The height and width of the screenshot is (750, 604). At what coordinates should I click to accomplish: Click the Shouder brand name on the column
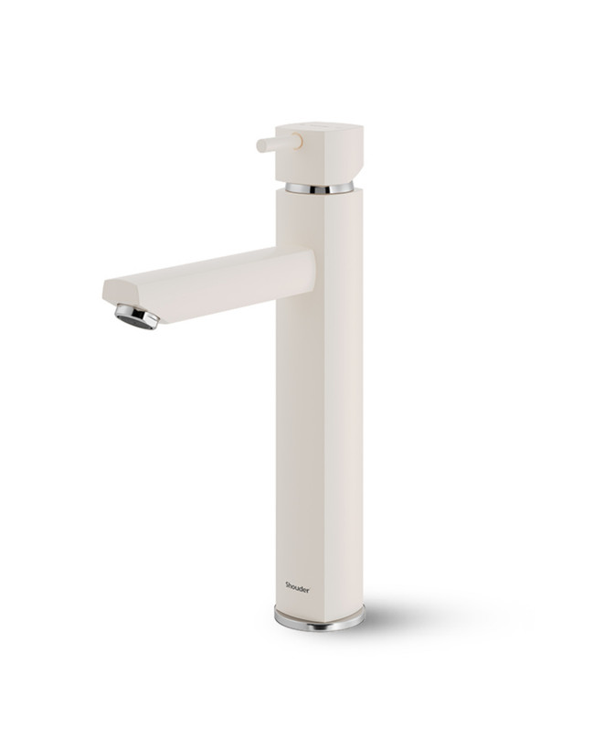(297, 586)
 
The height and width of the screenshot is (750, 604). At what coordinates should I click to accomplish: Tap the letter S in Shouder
(287, 584)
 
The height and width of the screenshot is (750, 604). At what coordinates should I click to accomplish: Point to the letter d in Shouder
(300, 586)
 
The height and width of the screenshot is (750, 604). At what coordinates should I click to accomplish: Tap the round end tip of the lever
(260, 145)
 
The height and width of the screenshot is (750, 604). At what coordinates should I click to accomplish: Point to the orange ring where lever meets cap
(299, 141)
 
